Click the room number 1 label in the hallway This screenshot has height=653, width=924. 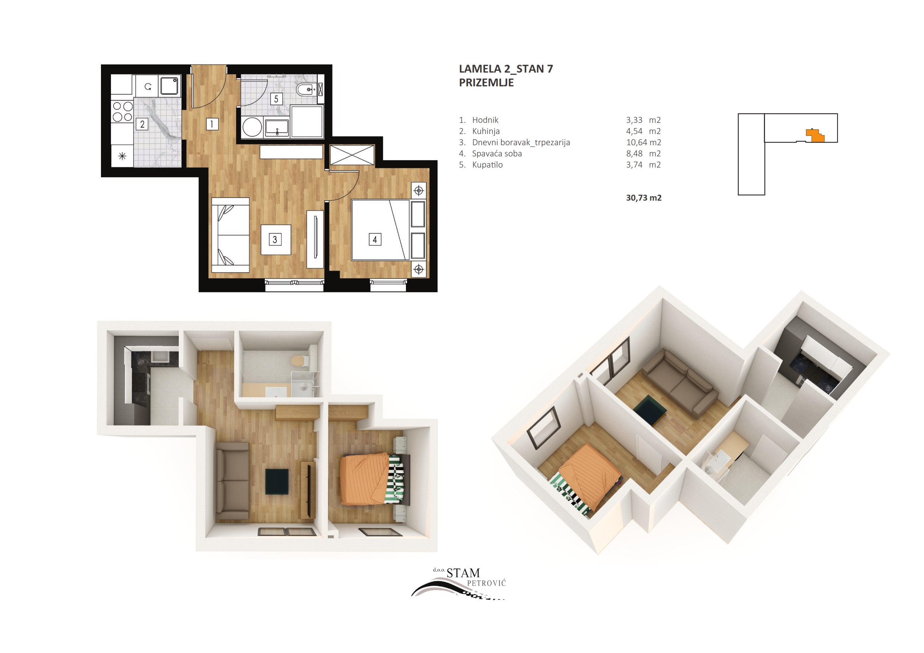pyautogui.click(x=212, y=124)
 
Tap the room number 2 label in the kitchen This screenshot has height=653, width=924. pyautogui.click(x=142, y=124)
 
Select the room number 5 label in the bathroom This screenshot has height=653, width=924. pyautogui.click(x=276, y=99)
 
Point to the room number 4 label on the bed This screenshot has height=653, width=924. pyautogui.click(x=375, y=240)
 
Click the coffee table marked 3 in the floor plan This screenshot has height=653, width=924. pyautogui.click(x=276, y=240)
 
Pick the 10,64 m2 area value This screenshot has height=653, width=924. pyautogui.click(x=644, y=143)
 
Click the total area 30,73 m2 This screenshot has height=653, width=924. pyautogui.click(x=644, y=198)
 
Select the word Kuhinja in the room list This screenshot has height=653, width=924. pyautogui.click(x=486, y=131)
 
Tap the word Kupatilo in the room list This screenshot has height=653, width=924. pyautogui.click(x=488, y=165)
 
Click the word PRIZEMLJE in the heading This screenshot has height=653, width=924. pyautogui.click(x=486, y=83)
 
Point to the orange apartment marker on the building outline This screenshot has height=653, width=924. pyautogui.click(x=815, y=135)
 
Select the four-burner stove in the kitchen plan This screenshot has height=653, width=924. pyautogui.click(x=122, y=111)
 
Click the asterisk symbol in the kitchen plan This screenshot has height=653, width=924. pyautogui.click(x=122, y=156)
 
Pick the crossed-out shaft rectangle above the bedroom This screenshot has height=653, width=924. pyautogui.click(x=352, y=155)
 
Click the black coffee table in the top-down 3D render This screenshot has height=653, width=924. pyautogui.click(x=277, y=482)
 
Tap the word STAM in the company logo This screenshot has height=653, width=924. pyautogui.click(x=463, y=573)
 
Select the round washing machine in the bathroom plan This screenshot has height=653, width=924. pyautogui.click(x=253, y=127)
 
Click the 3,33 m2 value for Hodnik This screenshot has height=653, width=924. pyautogui.click(x=644, y=120)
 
